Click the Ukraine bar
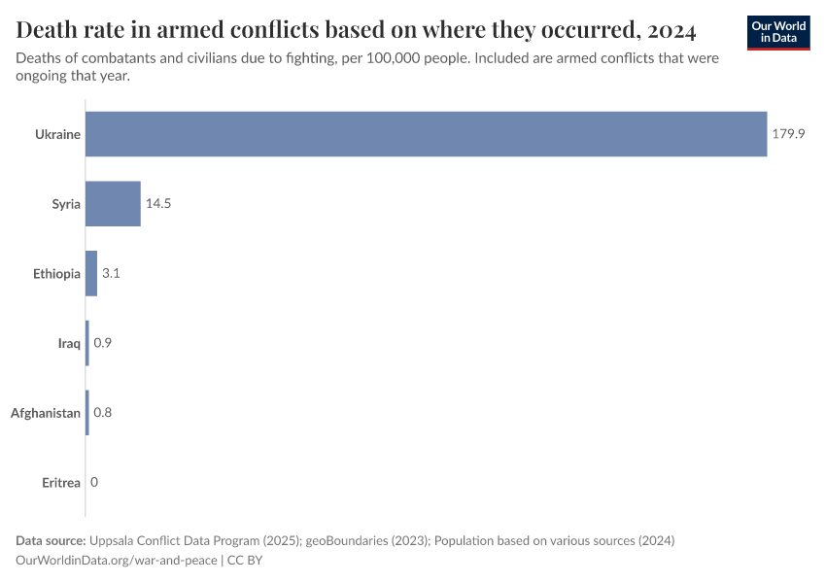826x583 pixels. click(x=426, y=134)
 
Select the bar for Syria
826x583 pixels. click(x=113, y=204)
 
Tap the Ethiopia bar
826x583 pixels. click(x=91, y=274)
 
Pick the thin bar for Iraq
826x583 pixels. click(x=87, y=343)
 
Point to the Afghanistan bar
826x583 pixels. click(x=87, y=413)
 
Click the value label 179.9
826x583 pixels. click(x=789, y=134)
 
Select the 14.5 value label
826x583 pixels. click(x=159, y=204)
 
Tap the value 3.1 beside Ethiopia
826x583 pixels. click(x=111, y=274)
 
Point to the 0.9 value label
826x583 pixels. click(x=102, y=343)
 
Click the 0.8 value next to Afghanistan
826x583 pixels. click(x=102, y=413)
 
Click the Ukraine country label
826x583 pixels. click(x=58, y=134)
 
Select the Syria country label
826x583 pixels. click(x=66, y=204)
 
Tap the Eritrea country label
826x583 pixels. click(x=61, y=483)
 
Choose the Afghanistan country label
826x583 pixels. click(x=46, y=413)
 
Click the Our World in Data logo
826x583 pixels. click(x=778, y=32)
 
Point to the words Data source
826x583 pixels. click(x=51, y=540)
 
